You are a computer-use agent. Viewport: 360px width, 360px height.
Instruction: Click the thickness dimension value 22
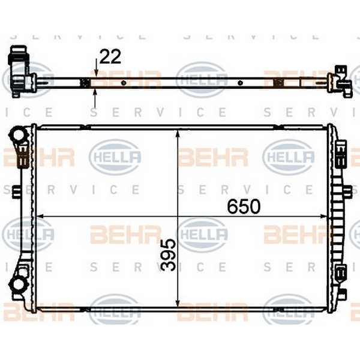[110, 56]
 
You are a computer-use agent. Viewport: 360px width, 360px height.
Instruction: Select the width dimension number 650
[244, 206]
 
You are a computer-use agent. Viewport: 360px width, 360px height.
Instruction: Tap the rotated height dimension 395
[169, 254]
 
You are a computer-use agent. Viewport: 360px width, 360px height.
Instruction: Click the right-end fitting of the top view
[343, 82]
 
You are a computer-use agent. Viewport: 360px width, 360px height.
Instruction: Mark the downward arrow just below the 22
[96, 73]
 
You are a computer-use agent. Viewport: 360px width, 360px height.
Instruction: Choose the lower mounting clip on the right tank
[340, 274]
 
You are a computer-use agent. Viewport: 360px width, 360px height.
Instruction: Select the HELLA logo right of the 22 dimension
[202, 77]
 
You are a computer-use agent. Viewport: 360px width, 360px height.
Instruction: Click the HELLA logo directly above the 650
[289, 157]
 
